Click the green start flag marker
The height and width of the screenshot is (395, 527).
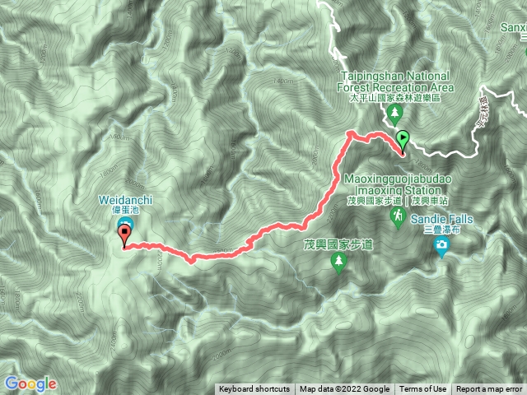click(403, 140)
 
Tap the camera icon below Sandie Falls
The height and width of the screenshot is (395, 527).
click(442, 244)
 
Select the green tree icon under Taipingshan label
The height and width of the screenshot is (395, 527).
click(396, 110)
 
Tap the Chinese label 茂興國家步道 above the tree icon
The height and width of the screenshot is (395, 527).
click(338, 244)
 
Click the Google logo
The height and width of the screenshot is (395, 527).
click(30, 383)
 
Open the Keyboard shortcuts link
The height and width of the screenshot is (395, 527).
click(254, 389)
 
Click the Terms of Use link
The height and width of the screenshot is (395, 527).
click(422, 389)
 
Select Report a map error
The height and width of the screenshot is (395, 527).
click(488, 389)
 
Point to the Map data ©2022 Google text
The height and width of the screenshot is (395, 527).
click(344, 389)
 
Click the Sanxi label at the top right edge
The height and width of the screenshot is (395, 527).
click(513, 26)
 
